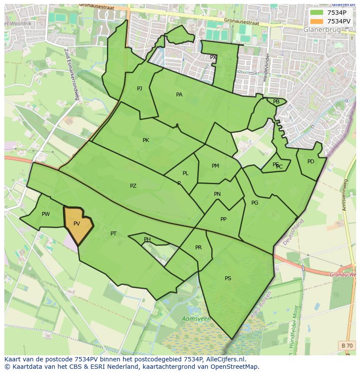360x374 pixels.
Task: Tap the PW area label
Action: click(x=46, y=214)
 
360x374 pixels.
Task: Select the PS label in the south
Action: click(x=228, y=278)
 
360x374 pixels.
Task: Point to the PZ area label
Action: click(x=133, y=186)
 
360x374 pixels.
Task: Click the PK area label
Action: click(x=146, y=140)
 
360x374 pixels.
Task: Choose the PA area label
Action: click(x=179, y=95)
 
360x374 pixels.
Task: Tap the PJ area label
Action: click(x=140, y=89)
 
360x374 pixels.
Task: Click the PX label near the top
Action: click(x=213, y=57)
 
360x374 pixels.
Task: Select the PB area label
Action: click(x=276, y=102)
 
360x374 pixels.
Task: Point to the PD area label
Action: click(x=310, y=162)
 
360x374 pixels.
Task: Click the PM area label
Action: click(x=215, y=166)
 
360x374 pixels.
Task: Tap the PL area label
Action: click(x=186, y=173)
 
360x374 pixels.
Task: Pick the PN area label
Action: click(x=217, y=194)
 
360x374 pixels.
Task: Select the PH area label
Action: click(x=147, y=239)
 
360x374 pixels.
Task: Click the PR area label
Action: click(x=198, y=248)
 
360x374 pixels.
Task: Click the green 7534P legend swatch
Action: click(x=317, y=13)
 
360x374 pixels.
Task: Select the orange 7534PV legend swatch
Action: click(x=317, y=21)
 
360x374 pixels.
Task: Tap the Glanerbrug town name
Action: click(x=322, y=30)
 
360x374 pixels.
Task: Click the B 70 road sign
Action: click(x=347, y=345)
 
